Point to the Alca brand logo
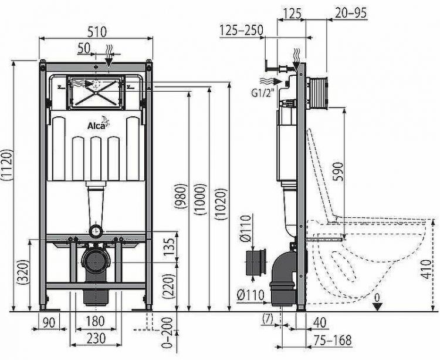pos(97,124)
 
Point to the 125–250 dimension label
pos(241,30)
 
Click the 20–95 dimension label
pos(347,11)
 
